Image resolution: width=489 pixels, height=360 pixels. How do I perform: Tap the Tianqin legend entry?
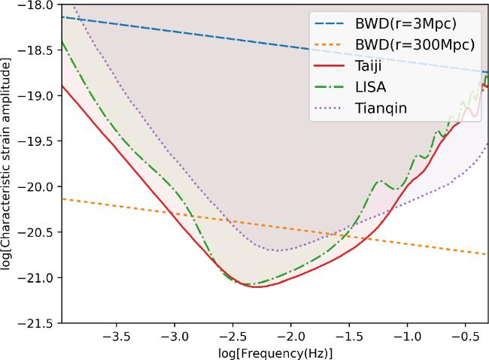(381, 108)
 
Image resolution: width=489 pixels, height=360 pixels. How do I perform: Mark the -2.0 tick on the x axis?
(291, 337)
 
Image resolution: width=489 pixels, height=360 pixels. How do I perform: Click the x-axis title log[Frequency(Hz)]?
(275, 352)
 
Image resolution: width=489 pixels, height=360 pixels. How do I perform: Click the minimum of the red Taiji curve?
(257, 287)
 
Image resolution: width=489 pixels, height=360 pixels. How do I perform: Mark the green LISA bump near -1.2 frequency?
(379, 180)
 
